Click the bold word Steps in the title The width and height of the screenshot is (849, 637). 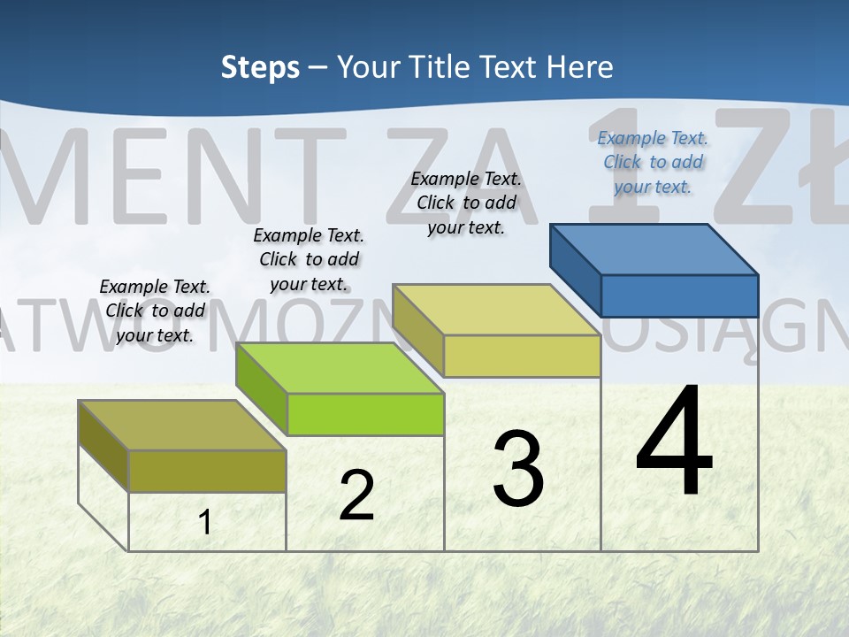click(x=260, y=67)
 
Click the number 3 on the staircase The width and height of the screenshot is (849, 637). click(x=518, y=469)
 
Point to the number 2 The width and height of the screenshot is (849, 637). click(x=356, y=495)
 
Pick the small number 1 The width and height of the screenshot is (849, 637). click(x=205, y=522)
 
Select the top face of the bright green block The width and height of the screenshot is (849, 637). click(x=340, y=367)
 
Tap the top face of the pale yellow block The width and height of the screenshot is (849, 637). click(x=496, y=310)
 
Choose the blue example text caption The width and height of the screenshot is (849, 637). click(x=653, y=162)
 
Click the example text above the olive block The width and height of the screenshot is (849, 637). click(x=155, y=311)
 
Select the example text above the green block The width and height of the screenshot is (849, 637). click(x=309, y=259)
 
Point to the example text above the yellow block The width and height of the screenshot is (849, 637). click(x=466, y=203)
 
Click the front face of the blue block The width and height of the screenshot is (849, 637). click(x=679, y=295)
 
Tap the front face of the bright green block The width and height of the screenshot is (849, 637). click(x=365, y=414)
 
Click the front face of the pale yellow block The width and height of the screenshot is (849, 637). click(x=522, y=356)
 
